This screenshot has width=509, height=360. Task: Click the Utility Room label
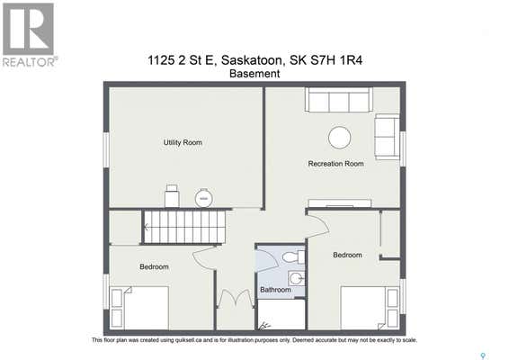(183, 142)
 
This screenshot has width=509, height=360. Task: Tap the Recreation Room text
(335, 164)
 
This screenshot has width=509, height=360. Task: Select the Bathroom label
(275, 290)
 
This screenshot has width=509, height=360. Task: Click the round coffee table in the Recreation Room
(339, 138)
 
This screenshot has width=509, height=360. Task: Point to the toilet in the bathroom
(293, 257)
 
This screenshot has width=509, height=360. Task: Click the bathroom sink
(297, 278)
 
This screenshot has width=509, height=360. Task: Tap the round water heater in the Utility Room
(203, 197)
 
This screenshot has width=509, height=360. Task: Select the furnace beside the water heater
(172, 196)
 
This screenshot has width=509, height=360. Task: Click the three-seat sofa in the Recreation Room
(338, 99)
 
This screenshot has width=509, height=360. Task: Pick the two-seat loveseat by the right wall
(387, 137)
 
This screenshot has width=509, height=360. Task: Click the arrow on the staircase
(147, 227)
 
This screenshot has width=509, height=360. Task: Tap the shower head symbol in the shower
(264, 326)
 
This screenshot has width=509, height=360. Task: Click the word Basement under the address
(254, 74)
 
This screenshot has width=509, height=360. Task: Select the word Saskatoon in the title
(252, 60)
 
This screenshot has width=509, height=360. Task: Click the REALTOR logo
(29, 35)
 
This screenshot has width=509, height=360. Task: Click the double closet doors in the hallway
(236, 298)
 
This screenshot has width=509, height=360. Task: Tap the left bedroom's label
(154, 266)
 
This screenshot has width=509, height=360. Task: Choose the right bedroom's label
(347, 255)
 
